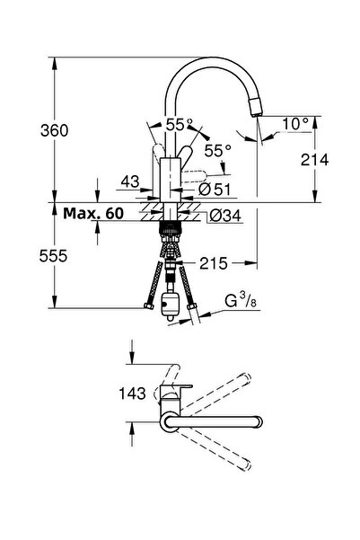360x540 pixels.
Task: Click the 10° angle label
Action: pyautogui.click(x=297, y=121)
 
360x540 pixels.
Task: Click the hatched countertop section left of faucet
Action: pyautogui.click(x=144, y=213)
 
